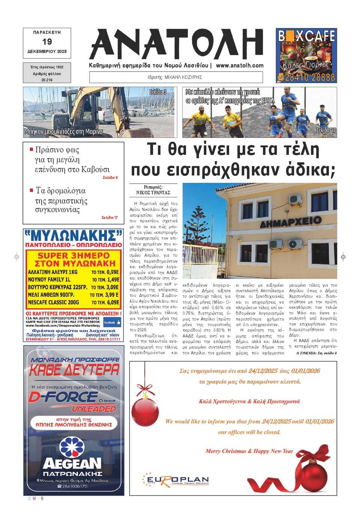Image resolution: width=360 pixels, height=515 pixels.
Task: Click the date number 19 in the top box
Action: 47,42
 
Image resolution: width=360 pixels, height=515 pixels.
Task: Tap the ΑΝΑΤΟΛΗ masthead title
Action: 176,44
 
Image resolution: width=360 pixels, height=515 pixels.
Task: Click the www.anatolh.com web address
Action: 240,65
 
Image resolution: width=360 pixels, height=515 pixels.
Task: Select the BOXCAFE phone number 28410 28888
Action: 309,78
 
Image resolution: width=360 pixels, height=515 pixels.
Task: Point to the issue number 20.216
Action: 47,80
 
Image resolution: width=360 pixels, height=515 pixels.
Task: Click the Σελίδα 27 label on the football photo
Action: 325,130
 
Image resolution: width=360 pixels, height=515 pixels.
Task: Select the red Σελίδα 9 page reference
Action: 110,178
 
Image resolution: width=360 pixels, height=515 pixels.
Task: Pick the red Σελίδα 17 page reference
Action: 109,217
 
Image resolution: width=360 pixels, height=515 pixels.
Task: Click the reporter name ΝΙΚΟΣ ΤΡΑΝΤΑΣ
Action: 153,193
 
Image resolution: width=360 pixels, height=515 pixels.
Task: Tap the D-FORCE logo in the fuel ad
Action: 64,397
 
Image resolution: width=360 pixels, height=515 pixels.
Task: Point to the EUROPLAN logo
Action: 176,480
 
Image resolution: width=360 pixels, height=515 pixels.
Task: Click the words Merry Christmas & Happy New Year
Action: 249,451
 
